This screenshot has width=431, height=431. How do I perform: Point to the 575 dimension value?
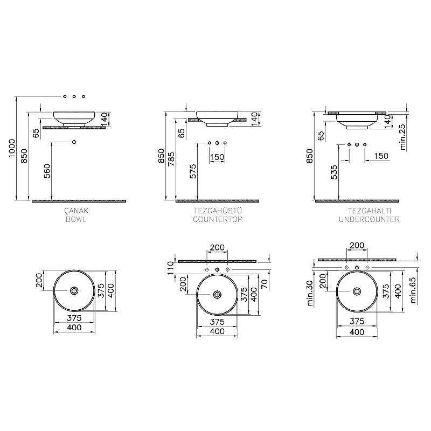[193, 171]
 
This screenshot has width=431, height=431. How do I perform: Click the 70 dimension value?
[265, 284]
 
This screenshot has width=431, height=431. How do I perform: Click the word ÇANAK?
[73, 212]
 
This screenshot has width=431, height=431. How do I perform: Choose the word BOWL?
[74, 220]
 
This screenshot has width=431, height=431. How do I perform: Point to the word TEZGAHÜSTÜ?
[217, 212]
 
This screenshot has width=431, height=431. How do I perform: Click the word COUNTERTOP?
[217, 220]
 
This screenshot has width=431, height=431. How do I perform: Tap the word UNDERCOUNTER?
[369, 220]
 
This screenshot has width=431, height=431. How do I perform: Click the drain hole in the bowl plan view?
[74, 291]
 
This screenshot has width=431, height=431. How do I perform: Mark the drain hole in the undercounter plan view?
[357, 291]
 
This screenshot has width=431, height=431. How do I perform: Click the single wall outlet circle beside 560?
[74, 142]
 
